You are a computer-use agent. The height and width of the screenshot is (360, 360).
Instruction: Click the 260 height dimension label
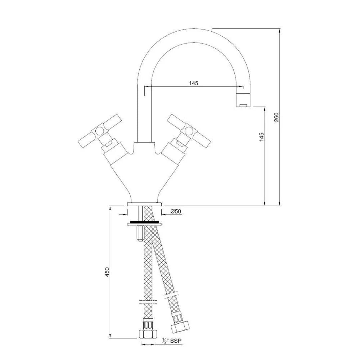276,118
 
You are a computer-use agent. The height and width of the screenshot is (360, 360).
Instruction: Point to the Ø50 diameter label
175,211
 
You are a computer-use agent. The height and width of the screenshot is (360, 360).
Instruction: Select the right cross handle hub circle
189,131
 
